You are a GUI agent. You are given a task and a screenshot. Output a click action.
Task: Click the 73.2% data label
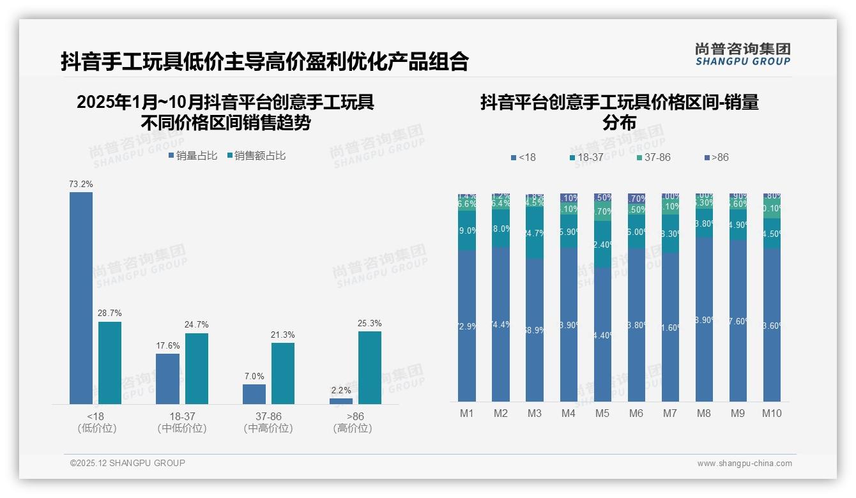(x=81, y=185)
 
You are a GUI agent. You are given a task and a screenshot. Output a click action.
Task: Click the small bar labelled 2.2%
(x=341, y=401)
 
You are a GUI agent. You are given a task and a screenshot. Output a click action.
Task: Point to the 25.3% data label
(x=370, y=324)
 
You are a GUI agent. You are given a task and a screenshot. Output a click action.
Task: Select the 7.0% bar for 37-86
(x=254, y=394)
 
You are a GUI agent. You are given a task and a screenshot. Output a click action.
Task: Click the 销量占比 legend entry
(x=193, y=155)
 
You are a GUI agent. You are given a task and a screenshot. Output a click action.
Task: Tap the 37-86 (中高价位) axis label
(x=268, y=422)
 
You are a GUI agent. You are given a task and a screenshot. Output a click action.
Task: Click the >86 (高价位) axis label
(x=352, y=422)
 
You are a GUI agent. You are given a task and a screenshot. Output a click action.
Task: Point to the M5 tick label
(x=602, y=413)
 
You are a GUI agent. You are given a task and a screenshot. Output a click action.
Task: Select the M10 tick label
(x=772, y=413)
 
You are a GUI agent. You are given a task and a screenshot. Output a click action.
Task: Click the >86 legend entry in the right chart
(x=716, y=157)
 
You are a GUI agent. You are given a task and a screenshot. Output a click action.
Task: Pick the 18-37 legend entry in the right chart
(x=586, y=157)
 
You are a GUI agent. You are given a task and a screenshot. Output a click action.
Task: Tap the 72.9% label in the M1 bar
(x=467, y=326)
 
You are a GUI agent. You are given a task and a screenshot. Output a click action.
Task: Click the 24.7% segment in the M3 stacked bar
(x=535, y=233)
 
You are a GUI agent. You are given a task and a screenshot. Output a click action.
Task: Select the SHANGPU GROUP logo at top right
(x=743, y=54)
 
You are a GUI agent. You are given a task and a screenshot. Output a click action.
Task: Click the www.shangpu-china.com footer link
(x=744, y=464)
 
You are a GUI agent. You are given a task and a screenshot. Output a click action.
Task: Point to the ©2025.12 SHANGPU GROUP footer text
(x=128, y=463)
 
